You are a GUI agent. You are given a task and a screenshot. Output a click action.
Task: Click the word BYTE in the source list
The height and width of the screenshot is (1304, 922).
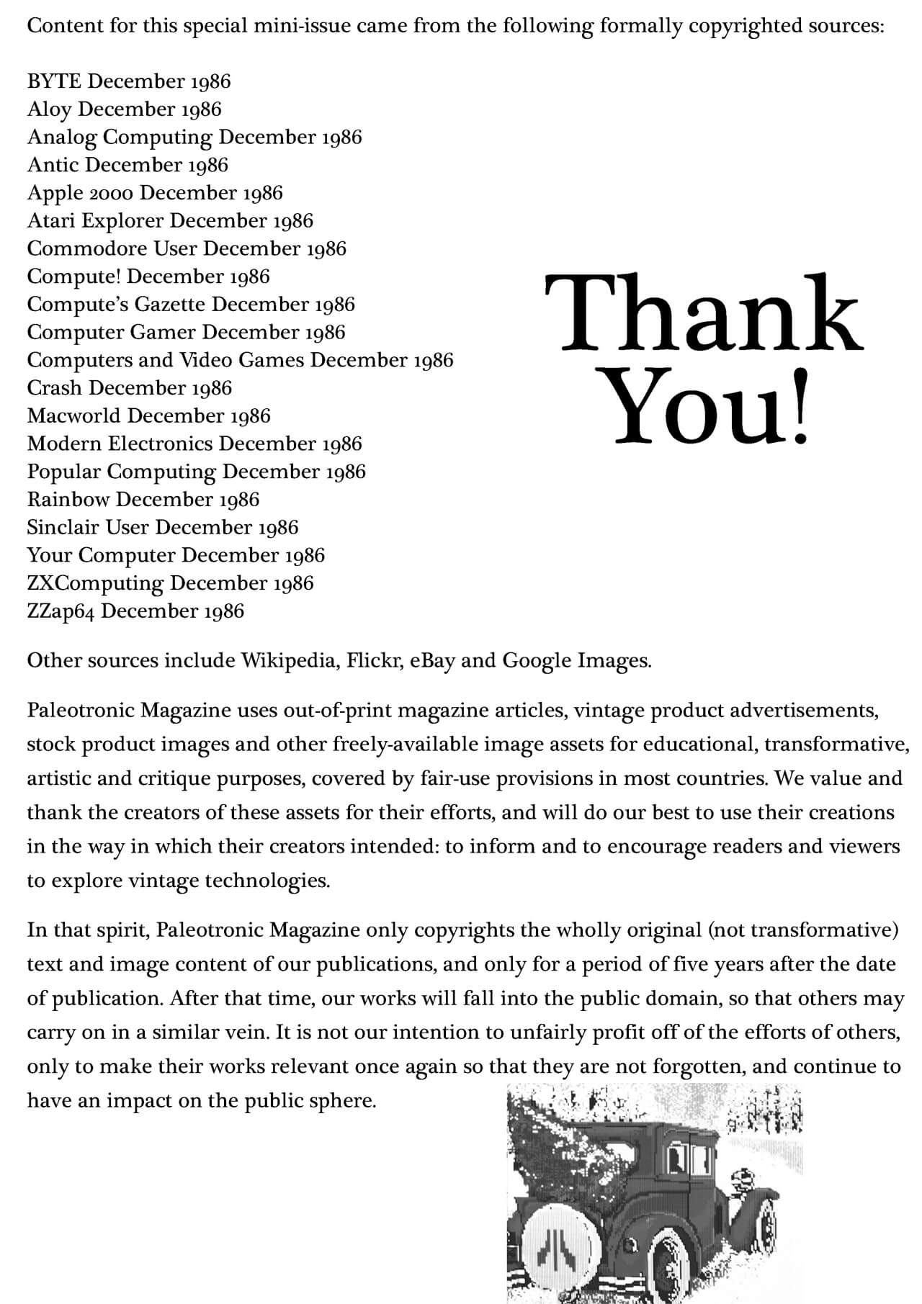pos(54,81)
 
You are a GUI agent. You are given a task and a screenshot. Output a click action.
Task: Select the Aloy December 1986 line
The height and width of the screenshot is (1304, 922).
pos(124,109)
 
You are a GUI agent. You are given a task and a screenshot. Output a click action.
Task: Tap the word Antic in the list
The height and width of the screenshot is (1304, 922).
pos(53,165)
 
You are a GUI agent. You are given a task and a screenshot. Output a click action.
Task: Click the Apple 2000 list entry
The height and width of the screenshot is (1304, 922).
pos(154,193)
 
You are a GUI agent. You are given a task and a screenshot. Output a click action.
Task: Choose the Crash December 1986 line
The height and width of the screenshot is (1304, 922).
pos(129,388)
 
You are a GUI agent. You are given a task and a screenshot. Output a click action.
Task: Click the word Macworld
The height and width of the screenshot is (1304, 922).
pos(74,416)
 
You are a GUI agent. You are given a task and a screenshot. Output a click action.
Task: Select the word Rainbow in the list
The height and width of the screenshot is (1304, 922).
pos(68,500)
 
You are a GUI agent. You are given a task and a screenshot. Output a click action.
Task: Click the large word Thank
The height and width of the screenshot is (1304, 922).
pos(702,315)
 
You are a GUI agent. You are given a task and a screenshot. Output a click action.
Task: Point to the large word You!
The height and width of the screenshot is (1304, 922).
pos(710,408)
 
